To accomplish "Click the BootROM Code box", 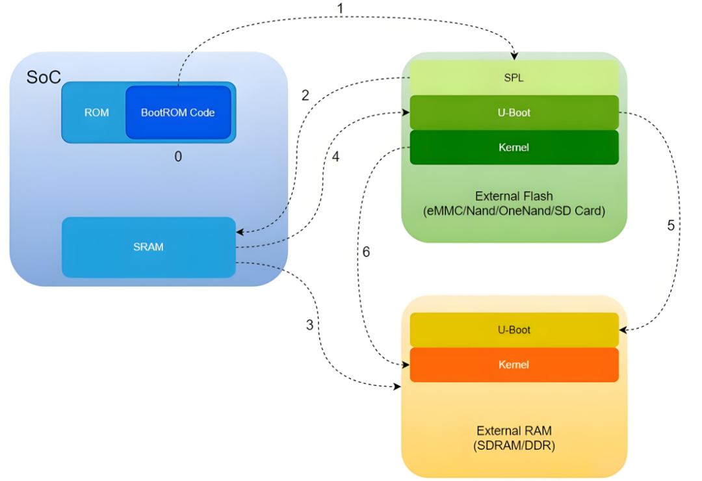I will click(x=177, y=112).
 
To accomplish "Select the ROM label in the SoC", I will click(x=96, y=112).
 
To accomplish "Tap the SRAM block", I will click(x=148, y=247).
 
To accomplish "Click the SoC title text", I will click(x=44, y=77).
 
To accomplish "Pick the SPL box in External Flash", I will click(x=513, y=77).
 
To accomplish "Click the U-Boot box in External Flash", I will click(x=513, y=112).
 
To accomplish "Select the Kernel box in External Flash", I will click(x=513, y=148).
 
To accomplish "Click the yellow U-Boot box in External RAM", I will click(x=513, y=330).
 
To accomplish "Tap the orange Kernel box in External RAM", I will click(x=513, y=365).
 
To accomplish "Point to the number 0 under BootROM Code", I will click(x=178, y=157).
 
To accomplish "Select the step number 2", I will click(x=305, y=96).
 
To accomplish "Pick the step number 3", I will click(x=309, y=325).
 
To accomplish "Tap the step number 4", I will click(x=335, y=157).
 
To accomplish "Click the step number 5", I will click(x=671, y=226).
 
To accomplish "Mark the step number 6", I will click(x=366, y=252).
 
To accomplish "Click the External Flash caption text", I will click(x=513, y=196).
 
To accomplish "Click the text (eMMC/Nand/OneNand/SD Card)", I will click(x=513, y=211).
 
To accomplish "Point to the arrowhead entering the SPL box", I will click(x=514, y=56).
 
